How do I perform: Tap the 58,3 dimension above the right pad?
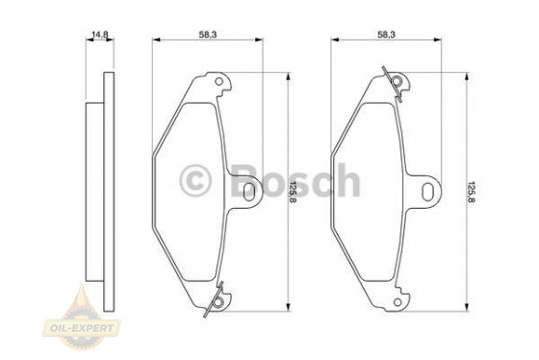point(386,34)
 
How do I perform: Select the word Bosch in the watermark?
point(294,180)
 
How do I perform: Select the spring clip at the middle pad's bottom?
point(218,299)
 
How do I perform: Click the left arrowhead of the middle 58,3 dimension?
point(157,41)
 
